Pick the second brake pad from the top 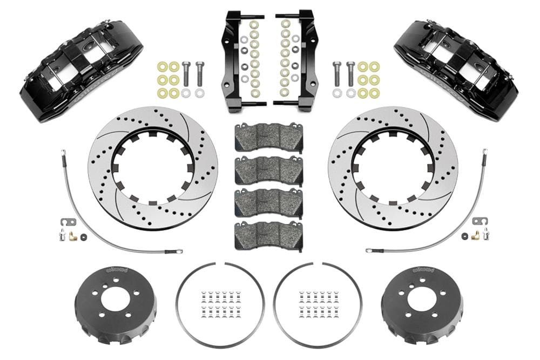tap(268, 171)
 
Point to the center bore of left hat tap(116, 298)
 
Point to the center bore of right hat tap(422, 298)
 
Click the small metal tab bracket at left tap(64, 222)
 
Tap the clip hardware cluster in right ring tap(319, 305)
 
